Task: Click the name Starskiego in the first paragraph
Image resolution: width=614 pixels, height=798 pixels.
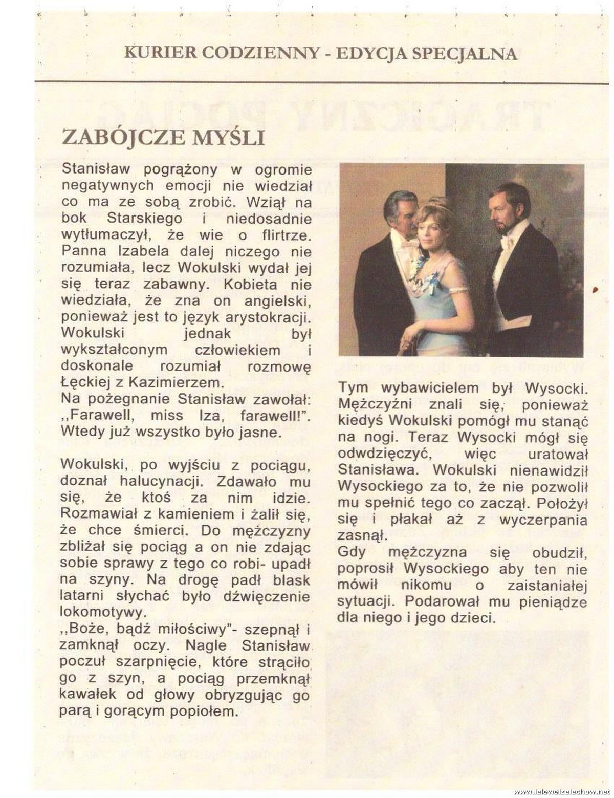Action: point(144,218)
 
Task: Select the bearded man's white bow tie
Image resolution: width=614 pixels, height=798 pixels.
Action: point(507,241)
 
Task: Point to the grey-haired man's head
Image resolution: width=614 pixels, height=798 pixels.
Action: point(401,207)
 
